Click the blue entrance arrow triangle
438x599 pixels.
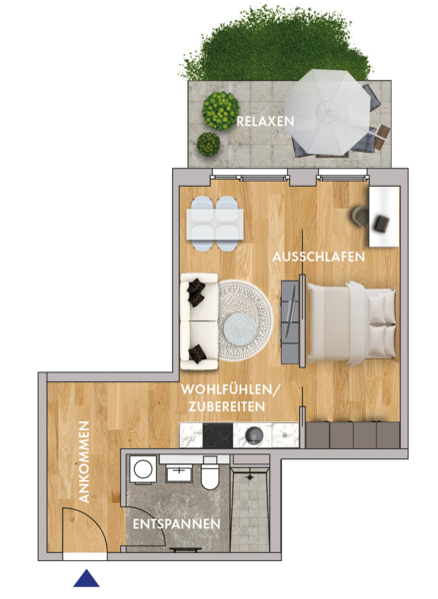(x=86, y=579)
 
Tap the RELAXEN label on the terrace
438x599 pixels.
(x=265, y=122)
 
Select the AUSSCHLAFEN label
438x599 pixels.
(x=319, y=257)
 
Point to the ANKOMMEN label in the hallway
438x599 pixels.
(x=84, y=462)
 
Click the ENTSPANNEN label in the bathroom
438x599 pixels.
(x=177, y=524)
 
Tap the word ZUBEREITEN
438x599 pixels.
(x=227, y=407)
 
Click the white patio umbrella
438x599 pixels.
(x=327, y=112)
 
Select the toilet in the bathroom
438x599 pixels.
(x=210, y=473)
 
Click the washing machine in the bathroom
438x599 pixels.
(x=143, y=469)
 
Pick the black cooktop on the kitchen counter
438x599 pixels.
(x=218, y=435)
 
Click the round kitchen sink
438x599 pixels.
(x=254, y=435)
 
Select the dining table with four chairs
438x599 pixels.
(x=215, y=224)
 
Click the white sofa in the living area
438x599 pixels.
(x=199, y=321)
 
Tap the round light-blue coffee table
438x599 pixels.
(x=240, y=328)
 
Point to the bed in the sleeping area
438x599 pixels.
(x=351, y=323)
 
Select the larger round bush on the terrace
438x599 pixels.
(x=220, y=111)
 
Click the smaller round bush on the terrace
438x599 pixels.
(x=208, y=144)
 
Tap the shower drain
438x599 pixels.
(x=250, y=477)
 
